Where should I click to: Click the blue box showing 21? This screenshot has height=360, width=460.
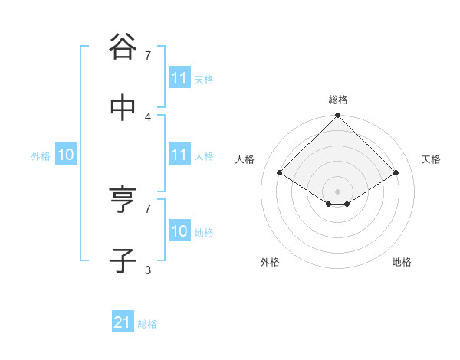click(122, 323)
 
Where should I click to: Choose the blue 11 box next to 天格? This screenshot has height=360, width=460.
click(179, 78)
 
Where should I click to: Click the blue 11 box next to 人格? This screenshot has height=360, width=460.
click(179, 155)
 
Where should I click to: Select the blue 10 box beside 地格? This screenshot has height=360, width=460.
click(179, 231)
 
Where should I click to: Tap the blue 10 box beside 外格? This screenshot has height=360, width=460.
click(66, 155)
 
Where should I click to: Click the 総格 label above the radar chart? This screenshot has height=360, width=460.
click(338, 100)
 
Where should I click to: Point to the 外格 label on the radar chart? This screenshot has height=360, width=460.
click(270, 262)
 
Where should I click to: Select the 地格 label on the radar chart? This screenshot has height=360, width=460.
click(402, 262)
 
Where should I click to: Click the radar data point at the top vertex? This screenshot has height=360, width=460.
click(337, 116)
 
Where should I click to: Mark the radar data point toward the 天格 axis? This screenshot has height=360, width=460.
click(396, 173)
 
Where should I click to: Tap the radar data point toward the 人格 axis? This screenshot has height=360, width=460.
click(279, 173)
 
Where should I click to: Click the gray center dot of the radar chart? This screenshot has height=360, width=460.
click(337, 191)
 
